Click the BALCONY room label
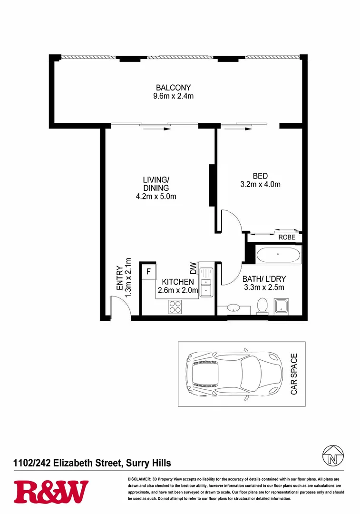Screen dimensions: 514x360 coord(173,88)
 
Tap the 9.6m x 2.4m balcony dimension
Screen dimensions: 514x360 coord(173,96)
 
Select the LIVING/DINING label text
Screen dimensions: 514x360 coord(156,184)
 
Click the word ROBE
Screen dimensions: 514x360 coord(287,237)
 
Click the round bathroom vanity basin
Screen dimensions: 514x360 coord(234,308)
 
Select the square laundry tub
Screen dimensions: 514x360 coord(282,306)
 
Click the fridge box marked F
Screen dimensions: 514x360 coord(148,272)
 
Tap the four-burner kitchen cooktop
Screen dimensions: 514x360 coord(175,307)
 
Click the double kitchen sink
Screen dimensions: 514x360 coord(206,282)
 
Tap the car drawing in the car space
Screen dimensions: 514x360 coord(233,374)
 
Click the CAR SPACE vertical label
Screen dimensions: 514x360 coord(294,374)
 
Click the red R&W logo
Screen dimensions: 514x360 coord(51,492)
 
